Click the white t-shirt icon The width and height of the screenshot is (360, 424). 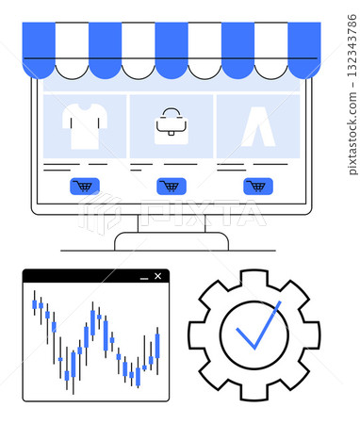[85, 125]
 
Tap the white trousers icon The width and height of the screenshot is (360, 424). [257, 126]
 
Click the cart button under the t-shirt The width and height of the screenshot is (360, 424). [85, 186]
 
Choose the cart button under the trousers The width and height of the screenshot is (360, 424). [257, 186]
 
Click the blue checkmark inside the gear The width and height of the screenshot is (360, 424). [256, 328]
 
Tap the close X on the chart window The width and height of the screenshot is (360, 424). [157, 276]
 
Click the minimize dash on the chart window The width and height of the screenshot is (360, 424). [144, 277]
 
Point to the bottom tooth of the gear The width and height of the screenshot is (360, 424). [254, 388]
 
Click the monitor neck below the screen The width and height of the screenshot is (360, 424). [172, 223]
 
